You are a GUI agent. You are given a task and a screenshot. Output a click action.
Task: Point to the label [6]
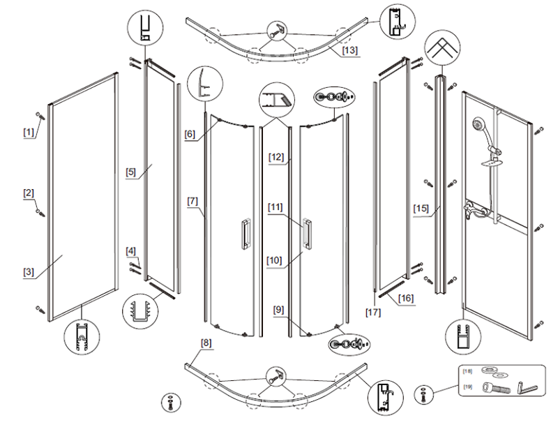pos(190,135)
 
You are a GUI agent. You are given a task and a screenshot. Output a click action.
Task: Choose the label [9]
pos(279,309)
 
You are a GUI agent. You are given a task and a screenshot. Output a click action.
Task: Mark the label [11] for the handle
pos(276,207)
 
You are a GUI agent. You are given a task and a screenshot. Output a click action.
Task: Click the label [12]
pos(276,158)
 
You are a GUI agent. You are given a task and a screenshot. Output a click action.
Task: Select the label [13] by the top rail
pos(349,50)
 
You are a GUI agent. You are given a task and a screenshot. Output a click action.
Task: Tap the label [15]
pos(421,208)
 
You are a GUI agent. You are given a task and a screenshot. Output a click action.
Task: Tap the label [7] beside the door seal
pos(193,201)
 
